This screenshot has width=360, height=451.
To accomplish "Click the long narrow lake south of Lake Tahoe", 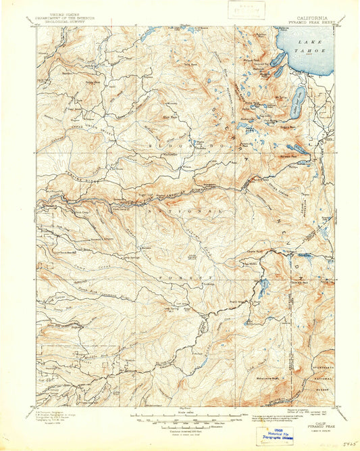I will click(297, 103).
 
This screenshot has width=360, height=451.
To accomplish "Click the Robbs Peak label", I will click(88, 82).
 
